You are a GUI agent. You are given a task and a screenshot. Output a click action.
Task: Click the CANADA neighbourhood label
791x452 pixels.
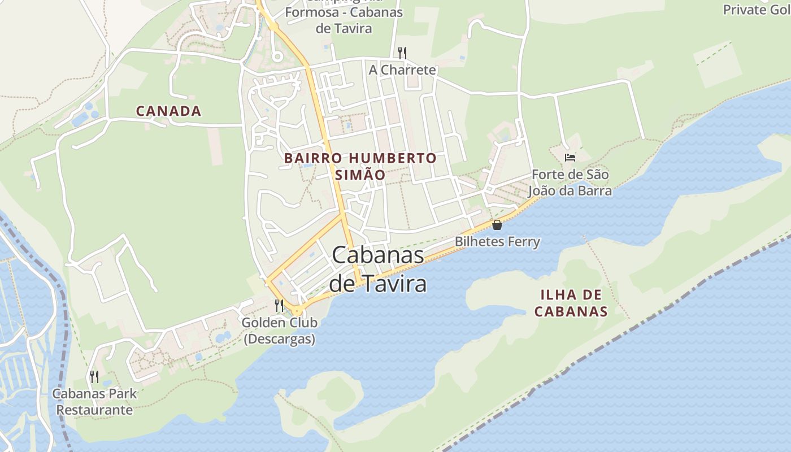tap(168, 111)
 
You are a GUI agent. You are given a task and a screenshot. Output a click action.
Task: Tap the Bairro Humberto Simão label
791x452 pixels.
tap(360, 166)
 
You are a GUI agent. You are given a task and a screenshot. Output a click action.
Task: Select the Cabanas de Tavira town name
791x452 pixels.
tap(377, 269)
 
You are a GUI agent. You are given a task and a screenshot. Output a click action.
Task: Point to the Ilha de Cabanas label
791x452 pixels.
tap(571, 303)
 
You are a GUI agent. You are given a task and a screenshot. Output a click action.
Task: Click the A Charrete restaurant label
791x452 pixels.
tap(402, 70)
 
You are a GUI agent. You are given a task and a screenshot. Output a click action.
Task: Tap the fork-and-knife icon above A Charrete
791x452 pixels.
tap(402, 53)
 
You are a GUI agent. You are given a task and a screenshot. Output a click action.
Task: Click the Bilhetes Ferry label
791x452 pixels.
tap(497, 242)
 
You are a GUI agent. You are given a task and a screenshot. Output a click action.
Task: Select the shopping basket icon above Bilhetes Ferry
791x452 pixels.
tap(497, 225)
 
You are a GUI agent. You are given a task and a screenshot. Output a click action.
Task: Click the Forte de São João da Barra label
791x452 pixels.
tap(570, 182)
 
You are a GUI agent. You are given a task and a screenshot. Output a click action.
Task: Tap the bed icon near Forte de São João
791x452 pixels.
tap(570, 157)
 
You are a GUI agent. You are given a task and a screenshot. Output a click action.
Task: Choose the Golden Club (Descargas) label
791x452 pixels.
tap(279, 331)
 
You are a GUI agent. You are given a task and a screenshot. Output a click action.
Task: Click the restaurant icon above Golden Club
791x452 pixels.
tap(279, 306)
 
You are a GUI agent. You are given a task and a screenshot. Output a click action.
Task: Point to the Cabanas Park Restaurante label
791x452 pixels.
tap(95, 401)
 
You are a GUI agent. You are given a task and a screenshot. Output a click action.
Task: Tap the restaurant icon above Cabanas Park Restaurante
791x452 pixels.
tap(94, 376)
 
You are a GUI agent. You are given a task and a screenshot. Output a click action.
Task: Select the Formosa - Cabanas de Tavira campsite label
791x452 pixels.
tap(344, 20)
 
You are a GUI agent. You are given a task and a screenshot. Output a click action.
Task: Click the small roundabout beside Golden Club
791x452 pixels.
tap(297, 311)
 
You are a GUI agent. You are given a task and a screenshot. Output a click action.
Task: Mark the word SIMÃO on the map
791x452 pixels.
tap(360, 175)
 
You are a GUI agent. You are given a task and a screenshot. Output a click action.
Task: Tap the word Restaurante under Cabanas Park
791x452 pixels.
tap(95, 410)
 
